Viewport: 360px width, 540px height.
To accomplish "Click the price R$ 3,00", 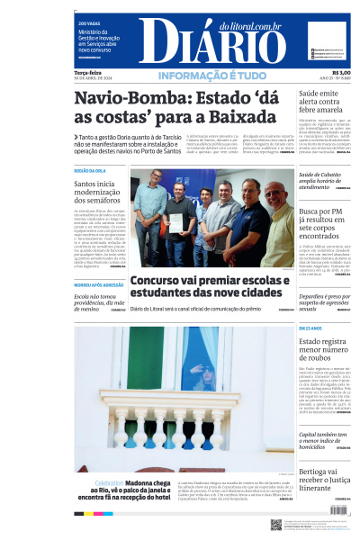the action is tap(341, 72).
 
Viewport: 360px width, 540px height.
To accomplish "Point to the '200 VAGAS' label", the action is tap(88, 23).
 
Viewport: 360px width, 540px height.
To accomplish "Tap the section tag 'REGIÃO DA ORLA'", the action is tap(89, 170).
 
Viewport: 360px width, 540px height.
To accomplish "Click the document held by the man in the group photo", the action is tap(177, 221).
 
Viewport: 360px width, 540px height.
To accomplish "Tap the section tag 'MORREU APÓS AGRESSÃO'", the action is tap(99, 285).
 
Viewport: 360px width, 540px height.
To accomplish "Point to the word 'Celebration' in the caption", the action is tap(108, 482).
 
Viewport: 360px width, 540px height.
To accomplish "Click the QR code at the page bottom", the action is tap(276, 524).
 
